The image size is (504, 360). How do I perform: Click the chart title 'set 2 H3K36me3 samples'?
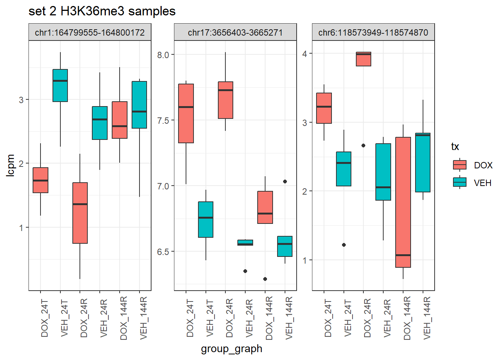coord(102,11)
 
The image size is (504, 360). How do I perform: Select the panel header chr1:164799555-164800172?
coord(90,33)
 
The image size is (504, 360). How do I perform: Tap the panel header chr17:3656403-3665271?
coord(235,33)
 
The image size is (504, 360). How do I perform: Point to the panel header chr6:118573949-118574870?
coord(373,33)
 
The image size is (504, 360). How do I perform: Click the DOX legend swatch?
coord(459,165)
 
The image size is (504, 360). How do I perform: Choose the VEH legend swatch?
coord(459,183)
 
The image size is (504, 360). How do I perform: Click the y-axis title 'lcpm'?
coord(10,165)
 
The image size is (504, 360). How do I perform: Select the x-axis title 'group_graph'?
coord(231,349)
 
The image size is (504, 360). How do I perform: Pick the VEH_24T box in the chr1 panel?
coord(60,85)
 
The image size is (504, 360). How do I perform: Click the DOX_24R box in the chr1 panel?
coord(80,213)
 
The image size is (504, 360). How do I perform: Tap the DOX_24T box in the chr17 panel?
coord(186,113)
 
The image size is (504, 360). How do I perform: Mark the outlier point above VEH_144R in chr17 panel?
coord(285,181)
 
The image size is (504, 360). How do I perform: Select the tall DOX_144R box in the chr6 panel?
coord(403,202)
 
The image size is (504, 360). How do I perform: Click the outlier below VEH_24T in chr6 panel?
coord(344,245)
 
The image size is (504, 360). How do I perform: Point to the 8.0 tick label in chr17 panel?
coord(163,55)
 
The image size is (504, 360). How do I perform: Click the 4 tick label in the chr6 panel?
coord(304,54)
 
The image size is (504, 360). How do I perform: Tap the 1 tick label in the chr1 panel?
coord(21,228)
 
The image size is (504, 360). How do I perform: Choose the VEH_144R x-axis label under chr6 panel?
coord(427,318)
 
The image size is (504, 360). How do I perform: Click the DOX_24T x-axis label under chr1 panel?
coord(45,318)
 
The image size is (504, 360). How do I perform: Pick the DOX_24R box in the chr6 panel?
coord(363,59)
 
